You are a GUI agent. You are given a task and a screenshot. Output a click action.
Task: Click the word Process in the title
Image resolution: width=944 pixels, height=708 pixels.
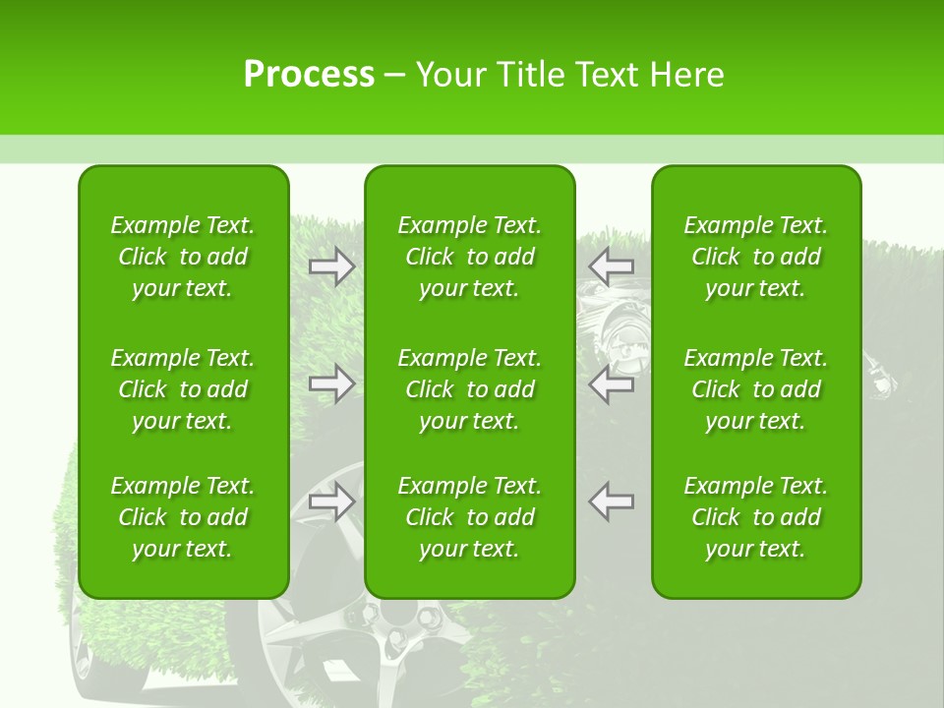coord(309,75)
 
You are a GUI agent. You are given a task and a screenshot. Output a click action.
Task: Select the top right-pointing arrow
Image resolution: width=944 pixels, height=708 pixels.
coord(332,265)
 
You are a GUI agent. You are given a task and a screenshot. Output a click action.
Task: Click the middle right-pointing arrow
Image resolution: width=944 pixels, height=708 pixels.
coord(332,383)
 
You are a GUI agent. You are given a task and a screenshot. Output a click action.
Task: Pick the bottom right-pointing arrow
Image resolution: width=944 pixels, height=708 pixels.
coord(332,501)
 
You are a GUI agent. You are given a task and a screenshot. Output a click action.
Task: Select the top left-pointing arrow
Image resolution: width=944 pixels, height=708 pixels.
coord(612,265)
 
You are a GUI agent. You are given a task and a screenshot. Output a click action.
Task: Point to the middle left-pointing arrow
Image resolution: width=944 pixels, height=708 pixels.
coord(612,383)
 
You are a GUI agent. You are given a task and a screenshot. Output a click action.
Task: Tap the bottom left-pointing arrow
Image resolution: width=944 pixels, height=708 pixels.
coord(612,501)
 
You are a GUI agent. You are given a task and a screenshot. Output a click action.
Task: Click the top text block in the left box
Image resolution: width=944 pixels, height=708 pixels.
coord(183,257)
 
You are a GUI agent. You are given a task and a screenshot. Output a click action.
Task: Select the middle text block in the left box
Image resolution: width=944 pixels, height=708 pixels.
coord(183,389)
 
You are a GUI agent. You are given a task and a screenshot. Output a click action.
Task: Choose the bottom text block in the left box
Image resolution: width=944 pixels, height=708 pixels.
coord(183,517)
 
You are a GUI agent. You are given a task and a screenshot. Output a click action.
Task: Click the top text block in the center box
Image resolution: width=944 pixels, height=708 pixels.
coord(470,257)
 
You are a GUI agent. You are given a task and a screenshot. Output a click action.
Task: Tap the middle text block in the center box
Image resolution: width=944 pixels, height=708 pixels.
coord(470,389)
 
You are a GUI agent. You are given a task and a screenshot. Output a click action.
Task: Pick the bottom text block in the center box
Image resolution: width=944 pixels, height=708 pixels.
coord(470,517)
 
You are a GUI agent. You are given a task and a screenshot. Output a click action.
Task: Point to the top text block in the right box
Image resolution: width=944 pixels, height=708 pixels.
coord(756,257)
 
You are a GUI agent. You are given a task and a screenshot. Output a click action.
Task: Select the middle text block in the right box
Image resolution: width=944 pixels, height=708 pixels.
coord(756,389)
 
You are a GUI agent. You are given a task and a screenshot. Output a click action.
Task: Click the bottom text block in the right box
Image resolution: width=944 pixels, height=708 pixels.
coord(756,517)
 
